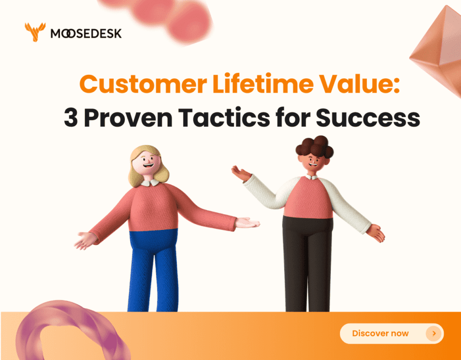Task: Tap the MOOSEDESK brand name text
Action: (x=86, y=33)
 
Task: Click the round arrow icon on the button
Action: (x=434, y=333)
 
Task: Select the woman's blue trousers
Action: (x=153, y=269)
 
